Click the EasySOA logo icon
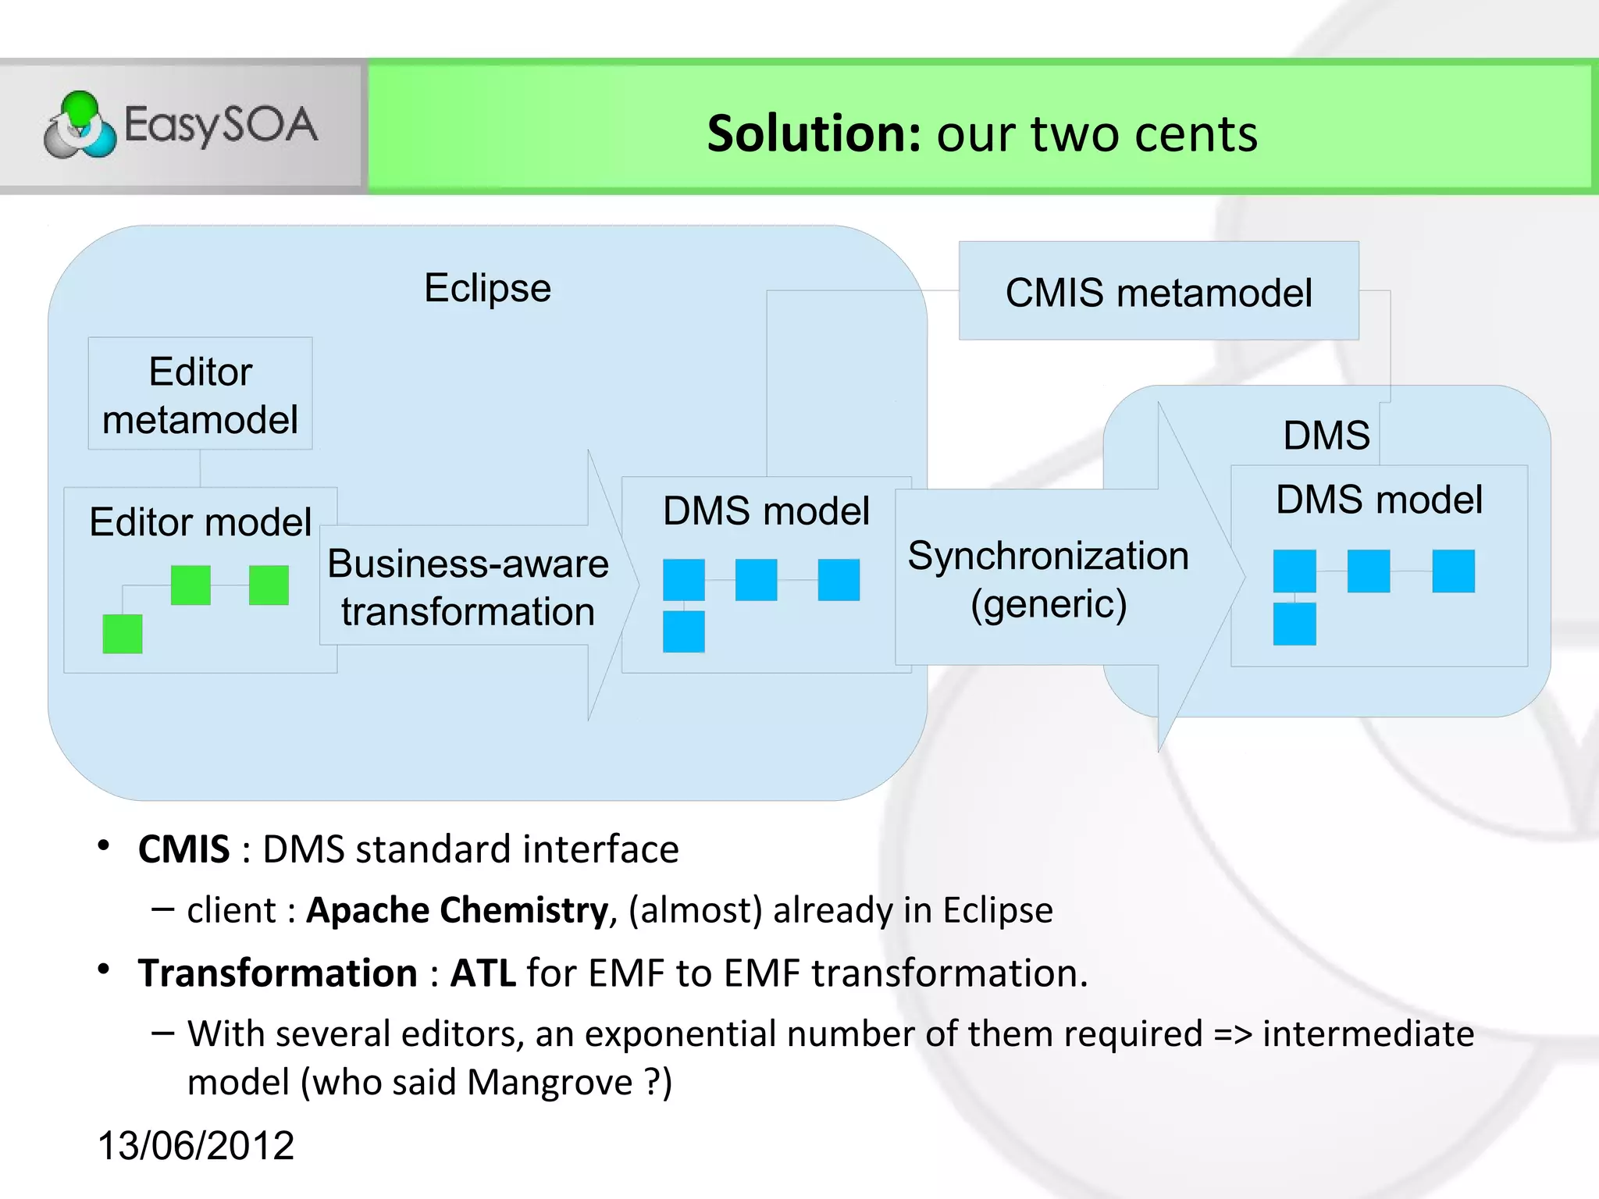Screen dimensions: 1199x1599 click(80, 125)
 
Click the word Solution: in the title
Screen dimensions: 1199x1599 click(814, 133)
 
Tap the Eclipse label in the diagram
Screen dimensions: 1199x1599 click(487, 288)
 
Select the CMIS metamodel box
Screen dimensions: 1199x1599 click(1158, 292)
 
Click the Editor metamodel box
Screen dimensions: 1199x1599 click(201, 394)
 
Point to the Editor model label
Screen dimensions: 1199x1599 click(201, 521)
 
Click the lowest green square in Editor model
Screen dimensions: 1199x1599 click(123, 633)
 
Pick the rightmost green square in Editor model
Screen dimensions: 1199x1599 click(269, 585)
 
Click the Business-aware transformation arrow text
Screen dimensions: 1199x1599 click(468, 587)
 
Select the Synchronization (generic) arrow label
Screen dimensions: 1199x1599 click(1048, 579)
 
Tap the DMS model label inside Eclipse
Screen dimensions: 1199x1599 click(766, 511)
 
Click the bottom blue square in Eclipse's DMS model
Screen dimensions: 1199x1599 click(683, 632)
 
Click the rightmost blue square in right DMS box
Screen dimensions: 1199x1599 click(1453, 571)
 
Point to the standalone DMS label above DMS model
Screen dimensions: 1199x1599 click(1326, 435)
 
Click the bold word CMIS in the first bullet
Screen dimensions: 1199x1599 click(184, 849)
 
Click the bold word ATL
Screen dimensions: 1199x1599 click(483, 973)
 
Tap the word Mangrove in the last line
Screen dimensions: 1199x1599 click(550, 1082)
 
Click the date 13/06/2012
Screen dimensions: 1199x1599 click(196, 1145)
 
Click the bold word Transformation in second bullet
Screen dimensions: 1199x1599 click(278, 973)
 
